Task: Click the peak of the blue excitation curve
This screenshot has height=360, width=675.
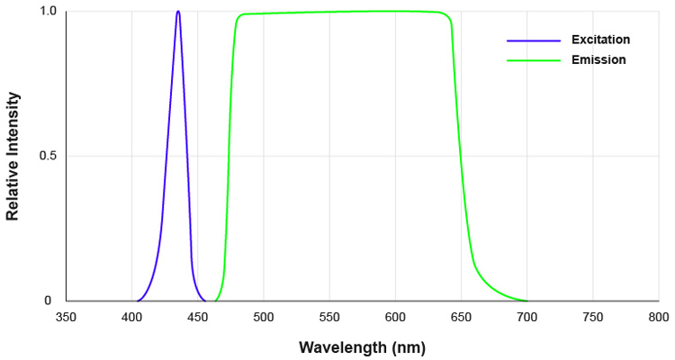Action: coord(178,12)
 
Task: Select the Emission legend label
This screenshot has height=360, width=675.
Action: coord(598,60)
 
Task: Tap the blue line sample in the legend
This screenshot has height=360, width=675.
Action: coord(534,40)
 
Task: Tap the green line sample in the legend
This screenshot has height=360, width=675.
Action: coord(534,60)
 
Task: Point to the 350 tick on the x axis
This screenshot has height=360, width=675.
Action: coord(66,317)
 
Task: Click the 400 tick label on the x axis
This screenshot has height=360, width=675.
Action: coord(132,317)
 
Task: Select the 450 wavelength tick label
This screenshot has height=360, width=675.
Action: coord(198,317)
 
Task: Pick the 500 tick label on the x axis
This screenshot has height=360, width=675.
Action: coord(264,317)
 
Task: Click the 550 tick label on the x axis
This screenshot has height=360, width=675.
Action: coord(329,317)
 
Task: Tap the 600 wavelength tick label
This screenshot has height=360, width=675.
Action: coord(395,317)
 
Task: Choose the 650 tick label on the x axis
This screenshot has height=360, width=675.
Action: coord(461,317)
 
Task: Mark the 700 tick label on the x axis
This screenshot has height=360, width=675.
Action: coord(527,317)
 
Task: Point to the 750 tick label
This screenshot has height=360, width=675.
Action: coord(593,317)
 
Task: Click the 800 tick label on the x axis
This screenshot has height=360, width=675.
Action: coord(658,317)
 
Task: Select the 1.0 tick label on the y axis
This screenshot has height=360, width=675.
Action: coord(49,12)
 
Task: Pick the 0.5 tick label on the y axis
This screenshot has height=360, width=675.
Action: coord(49,157)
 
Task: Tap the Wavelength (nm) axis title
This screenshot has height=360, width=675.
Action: coord(362,346)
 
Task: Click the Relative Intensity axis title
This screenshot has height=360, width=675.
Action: coord(13,156)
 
